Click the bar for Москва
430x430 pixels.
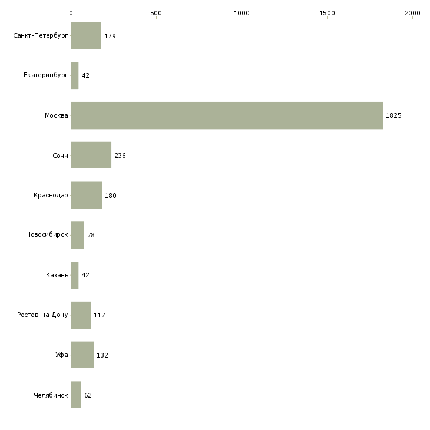227,115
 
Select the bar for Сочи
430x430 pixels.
91,156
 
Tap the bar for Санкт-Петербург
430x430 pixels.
86,36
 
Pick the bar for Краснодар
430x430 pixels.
86,196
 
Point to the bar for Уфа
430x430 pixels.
82,355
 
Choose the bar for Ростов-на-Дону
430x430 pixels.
81,315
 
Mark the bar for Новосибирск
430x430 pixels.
77,235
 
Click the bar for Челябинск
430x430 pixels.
76,395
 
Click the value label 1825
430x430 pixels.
393,115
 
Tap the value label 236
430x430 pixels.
120,156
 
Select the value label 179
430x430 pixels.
110,36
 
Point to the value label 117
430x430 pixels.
100,315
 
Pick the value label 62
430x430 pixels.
88,395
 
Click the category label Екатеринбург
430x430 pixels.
46,75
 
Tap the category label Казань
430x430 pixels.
57,275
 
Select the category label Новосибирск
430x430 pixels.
47,235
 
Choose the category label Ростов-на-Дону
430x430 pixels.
43,315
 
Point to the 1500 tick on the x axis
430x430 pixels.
327,12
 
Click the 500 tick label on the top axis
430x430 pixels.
156,12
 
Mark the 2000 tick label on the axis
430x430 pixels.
412,12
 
